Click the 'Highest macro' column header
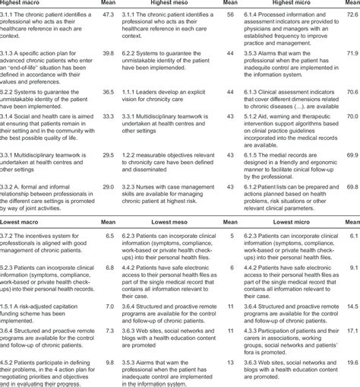pyautogui.click(x=27, y=3)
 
